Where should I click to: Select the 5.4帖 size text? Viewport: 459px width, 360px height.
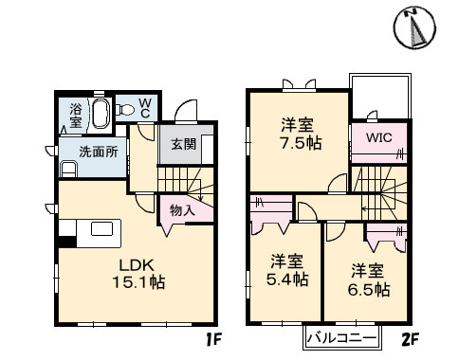tap(286, 279)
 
